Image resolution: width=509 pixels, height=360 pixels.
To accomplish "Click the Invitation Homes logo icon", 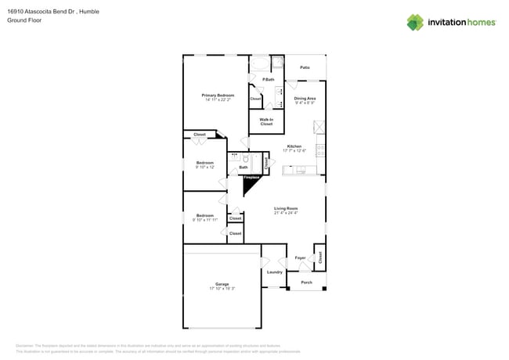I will pyautogui.click(x=415, y=22).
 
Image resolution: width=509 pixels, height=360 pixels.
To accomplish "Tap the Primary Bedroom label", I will pyautogui.click(x=219, y=95).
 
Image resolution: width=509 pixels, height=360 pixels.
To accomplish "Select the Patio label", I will pyautogui.click(x=305, y=68).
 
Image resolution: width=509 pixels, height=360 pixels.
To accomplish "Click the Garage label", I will pyautogui.click(x=222, y=284).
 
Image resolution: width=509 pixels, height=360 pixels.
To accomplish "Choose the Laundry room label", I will pyautogui.click(x=274, y=272).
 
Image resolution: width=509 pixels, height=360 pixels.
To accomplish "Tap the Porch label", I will pyautogui.click(x=306, y=283).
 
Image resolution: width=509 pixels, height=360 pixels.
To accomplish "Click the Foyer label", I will pyautogui.click(x=300, y=257).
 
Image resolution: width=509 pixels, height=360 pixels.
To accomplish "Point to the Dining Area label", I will pyautogui.click(x=305, y=99).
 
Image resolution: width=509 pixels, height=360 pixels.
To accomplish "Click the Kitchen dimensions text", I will pyautogui.click(x=294, y=150).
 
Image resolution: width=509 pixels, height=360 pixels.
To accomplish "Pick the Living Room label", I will pyautogui.click(x=285, y=208).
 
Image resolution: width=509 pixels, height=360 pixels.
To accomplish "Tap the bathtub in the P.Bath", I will pyautogui.click(x=261, y=64).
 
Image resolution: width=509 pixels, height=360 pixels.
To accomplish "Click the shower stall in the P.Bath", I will pyautogui.click(x=277, y=64).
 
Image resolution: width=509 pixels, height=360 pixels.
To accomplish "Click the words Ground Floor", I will pyautogui.click(x=24, y=21).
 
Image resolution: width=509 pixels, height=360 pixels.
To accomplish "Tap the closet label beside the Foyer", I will pyautogui.click(x=320, y=256).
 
